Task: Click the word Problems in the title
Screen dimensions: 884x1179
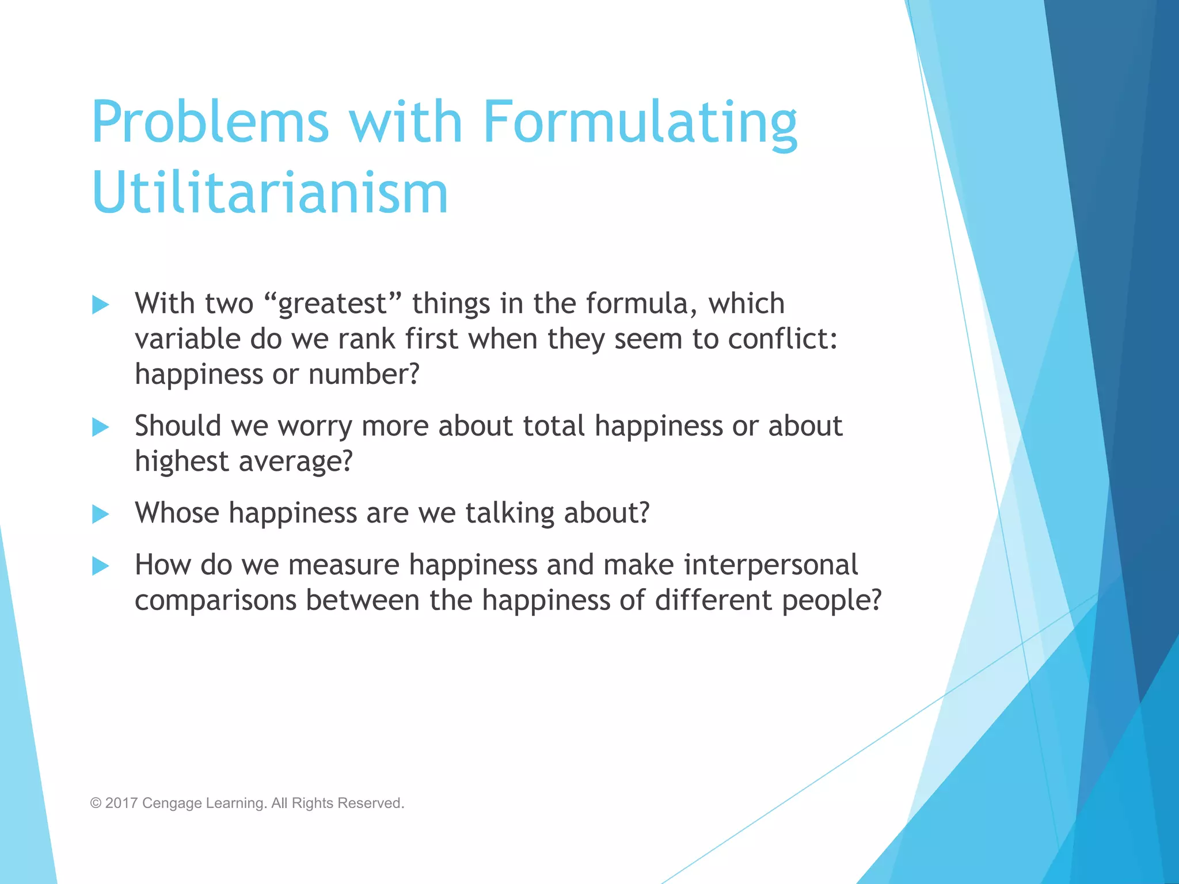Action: click(210, 122)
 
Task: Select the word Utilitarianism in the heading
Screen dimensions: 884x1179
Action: click(269, 193)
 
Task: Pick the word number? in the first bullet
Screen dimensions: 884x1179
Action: click(364, 374)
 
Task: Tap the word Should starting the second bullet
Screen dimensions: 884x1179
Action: click(178, 426)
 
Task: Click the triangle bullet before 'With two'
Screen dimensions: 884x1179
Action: click(100, 304)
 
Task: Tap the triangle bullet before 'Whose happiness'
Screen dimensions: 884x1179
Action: click(100, 514)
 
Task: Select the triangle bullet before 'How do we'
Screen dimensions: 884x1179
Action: click(100, 566)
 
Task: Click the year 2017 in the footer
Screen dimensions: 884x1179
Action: click(121, 803)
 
